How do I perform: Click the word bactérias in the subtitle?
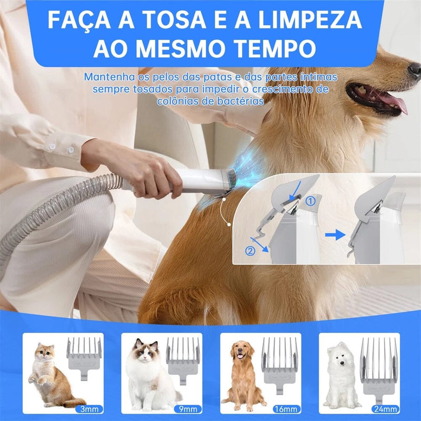click(x=236, y=101)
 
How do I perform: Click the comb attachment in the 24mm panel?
click(x=379, y=366)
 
